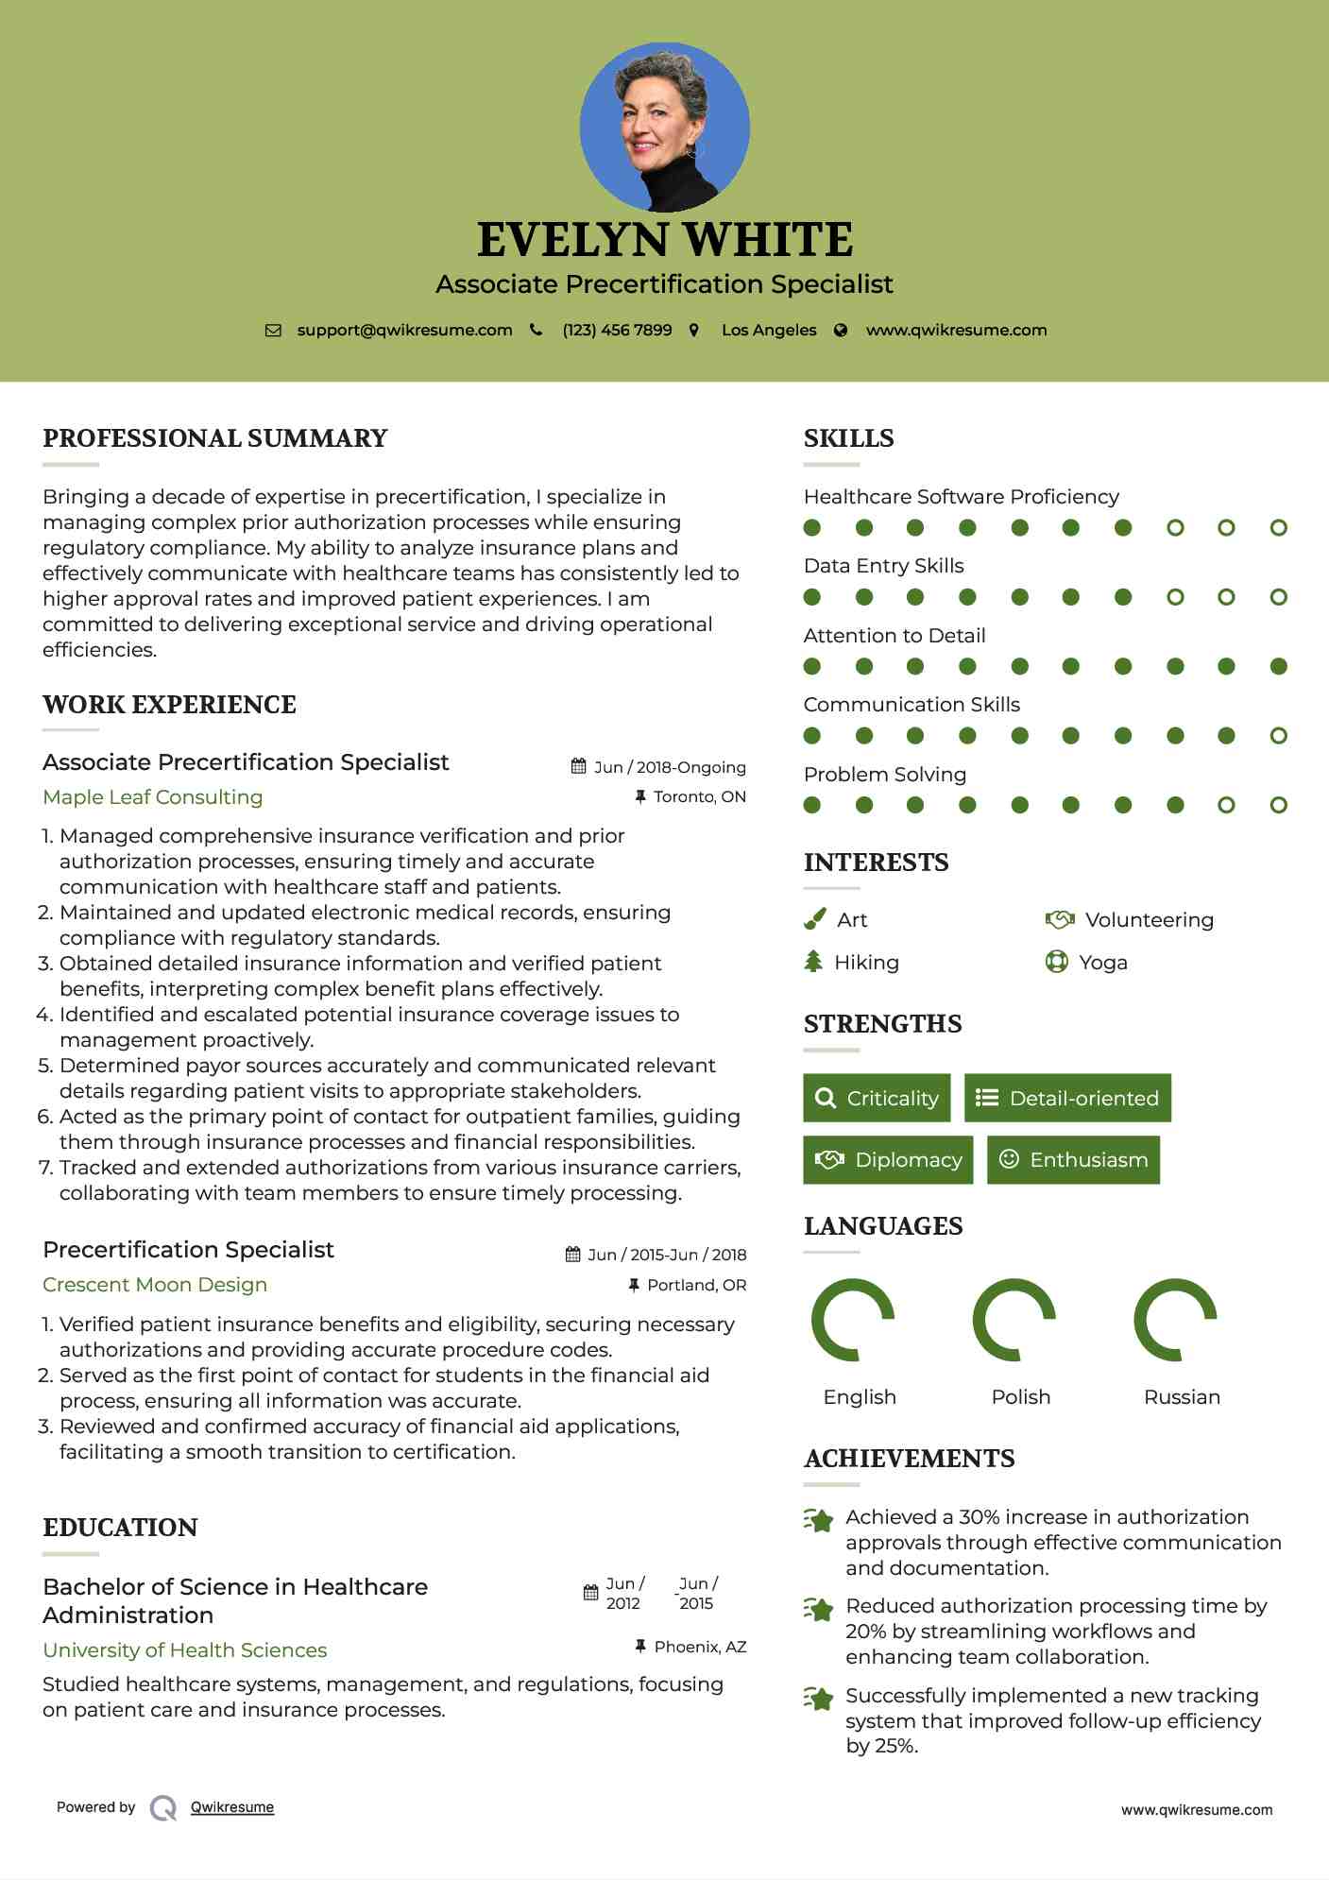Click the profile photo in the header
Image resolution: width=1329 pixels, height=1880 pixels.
coord(664,127)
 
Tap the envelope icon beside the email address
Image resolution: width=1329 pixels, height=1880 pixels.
coord(273,331)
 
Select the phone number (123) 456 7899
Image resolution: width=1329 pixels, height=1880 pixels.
coord(617,331)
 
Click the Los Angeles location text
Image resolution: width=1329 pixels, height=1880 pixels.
coord(769,331)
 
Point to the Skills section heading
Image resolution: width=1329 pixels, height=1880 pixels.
coord(848,438)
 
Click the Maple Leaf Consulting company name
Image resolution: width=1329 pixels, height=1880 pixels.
coord(153,797)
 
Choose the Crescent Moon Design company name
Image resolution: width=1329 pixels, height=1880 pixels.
coord(155,1285)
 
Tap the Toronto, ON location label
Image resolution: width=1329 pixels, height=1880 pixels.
coord(699,797)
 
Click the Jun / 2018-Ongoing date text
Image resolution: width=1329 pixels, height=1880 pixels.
coord(669,767)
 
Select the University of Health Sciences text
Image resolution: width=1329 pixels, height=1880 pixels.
coord(185,1650)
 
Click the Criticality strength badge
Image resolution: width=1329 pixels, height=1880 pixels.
coord(877,1098)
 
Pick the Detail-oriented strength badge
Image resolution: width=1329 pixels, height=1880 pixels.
coord(1067,1098)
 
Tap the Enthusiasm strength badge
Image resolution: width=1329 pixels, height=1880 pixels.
coord(1073,1159)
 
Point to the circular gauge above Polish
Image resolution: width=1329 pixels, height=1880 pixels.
coord(1014,1320)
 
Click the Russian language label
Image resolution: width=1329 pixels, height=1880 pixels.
coord(1182,1397)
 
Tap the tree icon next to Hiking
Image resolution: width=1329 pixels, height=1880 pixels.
coord(813,962)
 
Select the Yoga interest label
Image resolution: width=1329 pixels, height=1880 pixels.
coord(1103,963)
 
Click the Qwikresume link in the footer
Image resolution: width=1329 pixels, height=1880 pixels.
coord(232,1807)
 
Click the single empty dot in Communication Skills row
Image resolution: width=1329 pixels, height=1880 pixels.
coord(1278,736)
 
